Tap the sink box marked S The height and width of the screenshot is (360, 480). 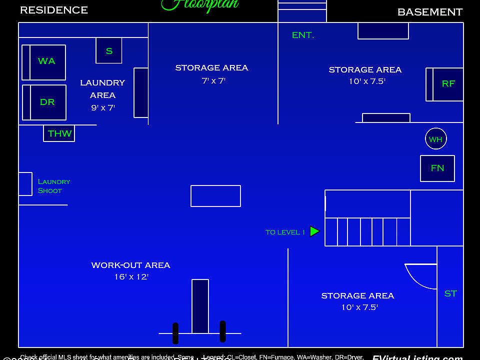109,50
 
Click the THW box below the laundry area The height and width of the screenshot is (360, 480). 59,133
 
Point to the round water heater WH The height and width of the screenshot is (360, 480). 435,139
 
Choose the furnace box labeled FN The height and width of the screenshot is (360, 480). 437,168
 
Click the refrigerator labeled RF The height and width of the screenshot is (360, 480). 447,84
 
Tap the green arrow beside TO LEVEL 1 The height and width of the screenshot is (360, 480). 314,231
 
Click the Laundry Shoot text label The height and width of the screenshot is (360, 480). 53,186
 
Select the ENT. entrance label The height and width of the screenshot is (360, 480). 302,35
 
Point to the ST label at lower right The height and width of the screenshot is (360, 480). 450,293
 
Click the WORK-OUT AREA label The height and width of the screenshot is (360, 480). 130,265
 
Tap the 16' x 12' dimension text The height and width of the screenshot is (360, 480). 131,276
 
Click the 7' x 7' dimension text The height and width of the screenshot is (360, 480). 213,80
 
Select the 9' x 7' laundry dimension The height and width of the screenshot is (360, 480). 102,107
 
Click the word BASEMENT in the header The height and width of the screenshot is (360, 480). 429,12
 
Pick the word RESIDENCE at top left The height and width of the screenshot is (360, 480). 54,10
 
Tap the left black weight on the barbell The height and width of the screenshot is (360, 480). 175,333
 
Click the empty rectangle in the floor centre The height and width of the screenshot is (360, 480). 215,196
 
